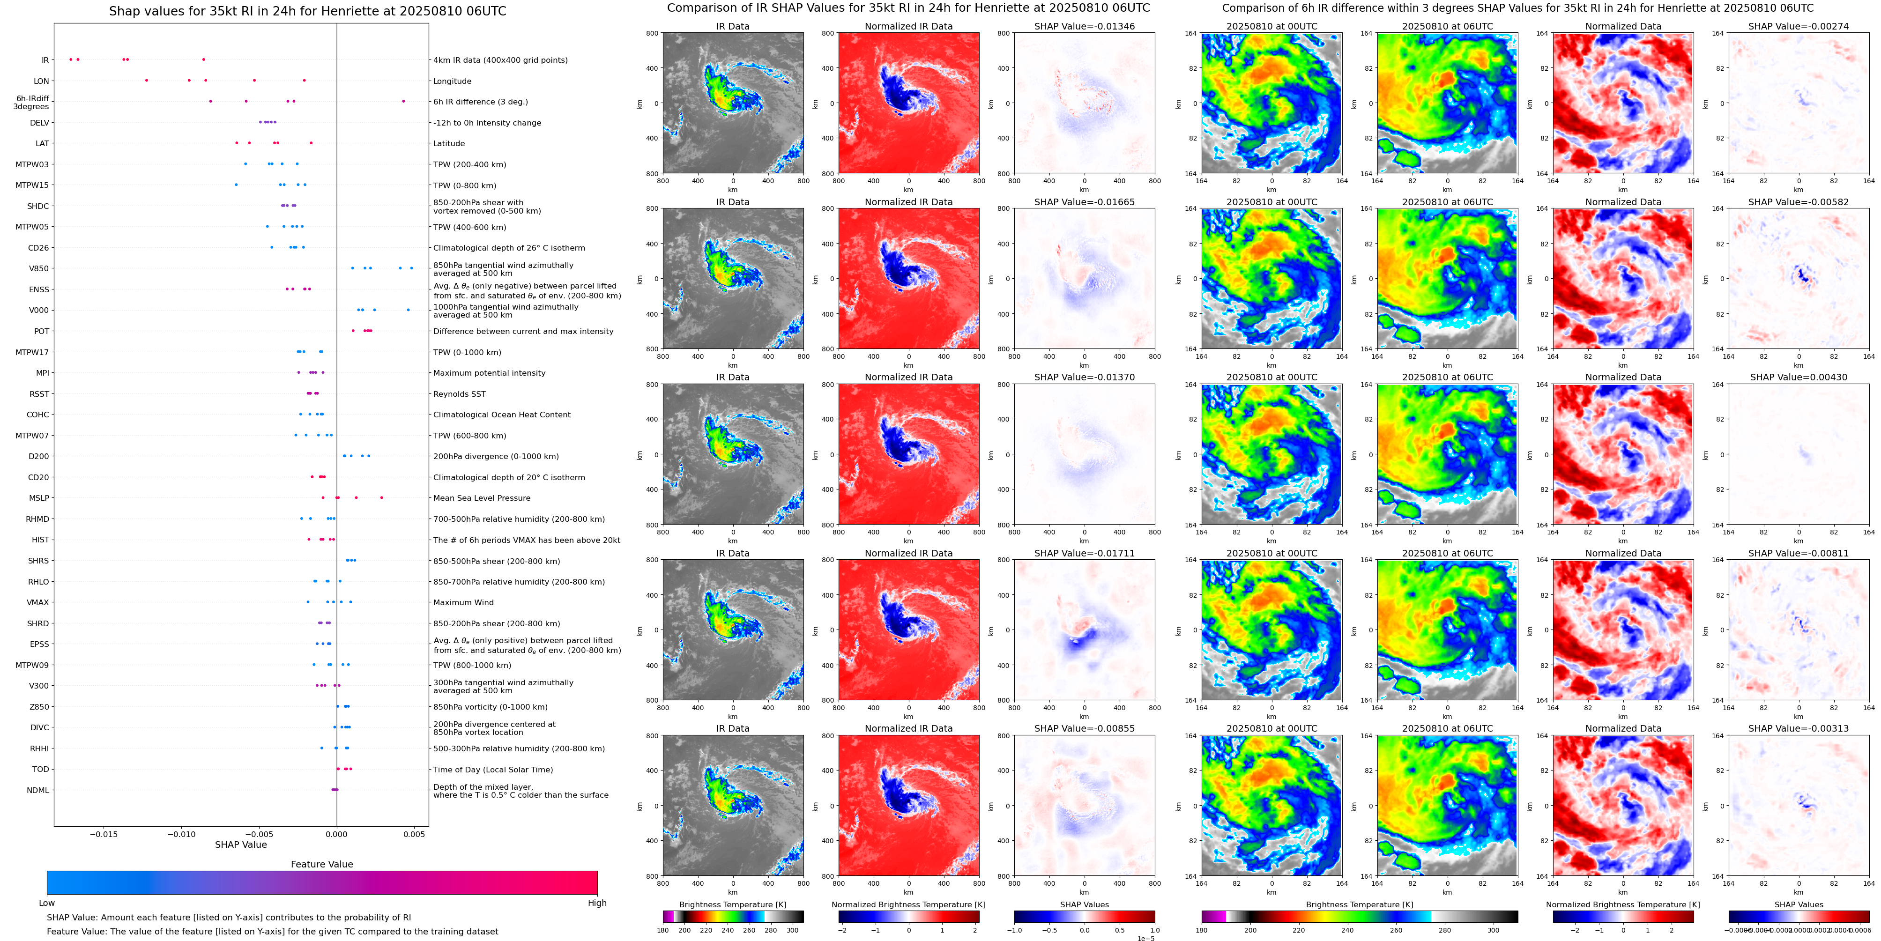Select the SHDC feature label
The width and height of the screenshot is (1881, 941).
(x=38, y=207)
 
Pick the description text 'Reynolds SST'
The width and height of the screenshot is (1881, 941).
(x=459, y=394)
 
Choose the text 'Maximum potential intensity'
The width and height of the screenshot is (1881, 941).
(x=489, y=373)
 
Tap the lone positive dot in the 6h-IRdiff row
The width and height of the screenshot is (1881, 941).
(x=403, y=102)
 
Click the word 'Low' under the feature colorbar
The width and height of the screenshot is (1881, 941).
(x=47, y=903)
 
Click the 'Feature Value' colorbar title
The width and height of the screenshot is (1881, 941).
(x=322, y=864)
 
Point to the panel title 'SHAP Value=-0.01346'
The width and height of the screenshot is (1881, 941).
(x=1085, y=26)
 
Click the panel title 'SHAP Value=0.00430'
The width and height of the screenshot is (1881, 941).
(x=1799, y=378)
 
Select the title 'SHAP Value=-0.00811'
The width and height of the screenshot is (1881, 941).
(x=1799, y=553)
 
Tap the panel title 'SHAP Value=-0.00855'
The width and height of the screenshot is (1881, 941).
(x=1085, y=728)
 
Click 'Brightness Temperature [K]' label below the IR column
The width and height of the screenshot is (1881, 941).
(x=732, y=904)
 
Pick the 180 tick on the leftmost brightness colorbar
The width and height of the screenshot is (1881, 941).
(x=663, y=931)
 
